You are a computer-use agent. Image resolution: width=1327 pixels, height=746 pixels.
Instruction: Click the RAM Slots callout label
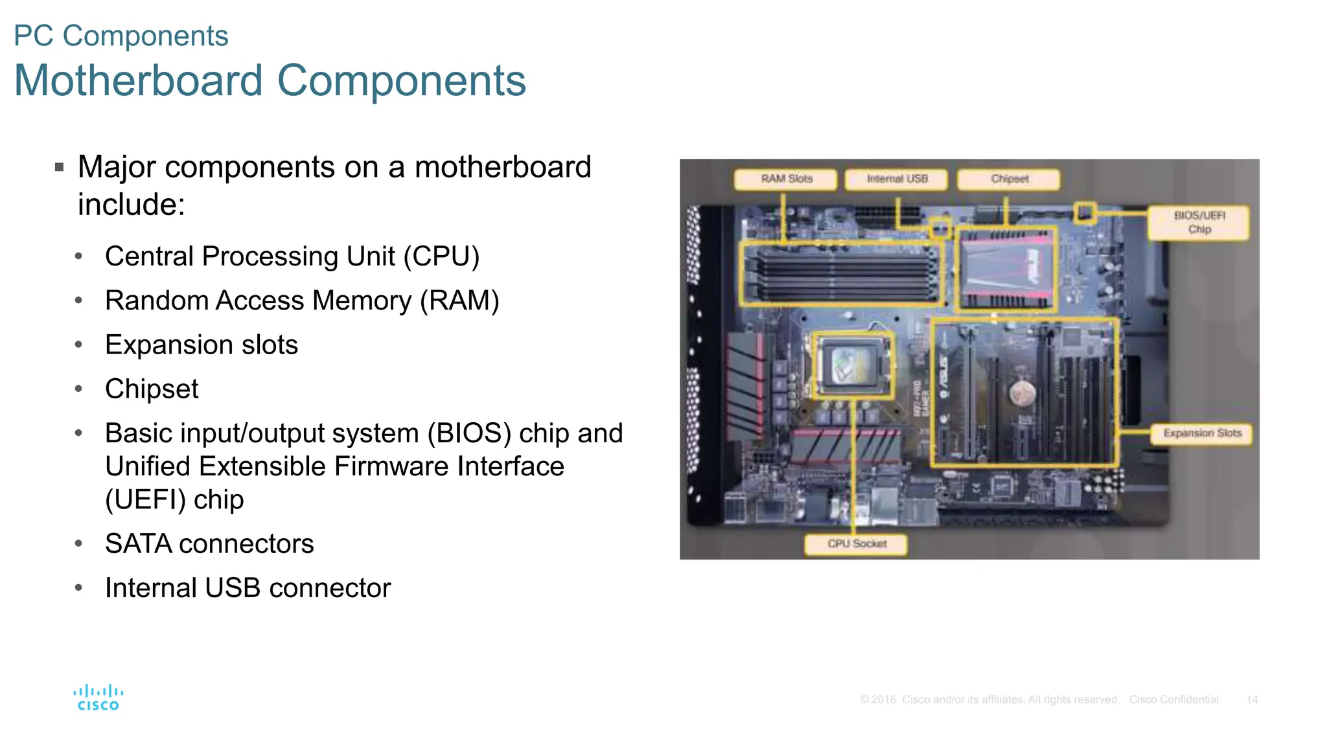point(785,179)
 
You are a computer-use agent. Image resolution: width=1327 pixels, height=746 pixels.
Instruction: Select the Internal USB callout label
point(897,179)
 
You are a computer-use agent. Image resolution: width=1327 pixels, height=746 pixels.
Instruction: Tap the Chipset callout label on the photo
point(1009,179)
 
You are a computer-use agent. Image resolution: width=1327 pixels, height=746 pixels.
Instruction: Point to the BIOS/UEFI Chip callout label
point(1199,222)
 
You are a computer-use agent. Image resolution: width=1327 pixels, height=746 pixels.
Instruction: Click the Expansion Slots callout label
point(1202,433)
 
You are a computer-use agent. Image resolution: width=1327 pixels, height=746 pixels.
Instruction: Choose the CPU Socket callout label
point(856,544)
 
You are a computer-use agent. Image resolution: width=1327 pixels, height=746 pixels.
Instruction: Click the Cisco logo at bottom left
point(98,697)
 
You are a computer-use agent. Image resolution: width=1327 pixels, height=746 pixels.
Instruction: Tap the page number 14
point(1252,700)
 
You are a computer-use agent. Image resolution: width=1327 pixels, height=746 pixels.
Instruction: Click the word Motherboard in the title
point(138,81)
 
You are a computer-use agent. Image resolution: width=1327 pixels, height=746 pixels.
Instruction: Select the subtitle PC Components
point(121,36)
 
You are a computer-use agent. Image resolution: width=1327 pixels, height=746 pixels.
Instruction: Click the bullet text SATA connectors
point(209,544)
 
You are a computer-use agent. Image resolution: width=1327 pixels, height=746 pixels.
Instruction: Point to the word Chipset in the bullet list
point(152,389)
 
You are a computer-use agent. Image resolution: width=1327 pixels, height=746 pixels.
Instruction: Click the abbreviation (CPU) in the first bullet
point(441,256)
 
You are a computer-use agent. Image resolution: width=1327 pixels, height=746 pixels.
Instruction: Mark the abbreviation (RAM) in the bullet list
point(459,301)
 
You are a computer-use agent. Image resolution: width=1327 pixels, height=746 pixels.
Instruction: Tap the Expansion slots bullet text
point(202,345)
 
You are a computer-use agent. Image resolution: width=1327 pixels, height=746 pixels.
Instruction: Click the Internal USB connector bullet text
point(248,588)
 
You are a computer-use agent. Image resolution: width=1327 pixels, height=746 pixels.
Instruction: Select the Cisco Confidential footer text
point(1173,700)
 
